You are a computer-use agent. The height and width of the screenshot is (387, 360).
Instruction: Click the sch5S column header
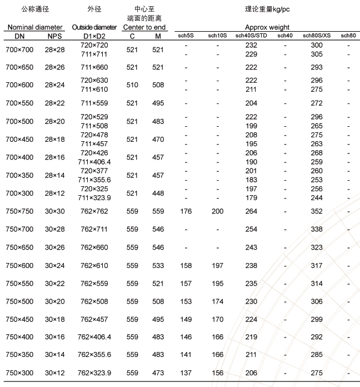[186, 36]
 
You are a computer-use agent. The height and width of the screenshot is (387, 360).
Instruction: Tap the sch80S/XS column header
[317, 36]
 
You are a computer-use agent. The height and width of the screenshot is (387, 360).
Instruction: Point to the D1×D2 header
[94, 36]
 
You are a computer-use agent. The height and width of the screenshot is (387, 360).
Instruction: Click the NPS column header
[54, 36]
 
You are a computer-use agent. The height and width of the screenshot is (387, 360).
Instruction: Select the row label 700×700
[19, 50]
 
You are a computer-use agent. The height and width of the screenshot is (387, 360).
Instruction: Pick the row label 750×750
[19, 211]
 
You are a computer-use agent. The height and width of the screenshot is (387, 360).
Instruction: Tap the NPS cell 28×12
[54, 193]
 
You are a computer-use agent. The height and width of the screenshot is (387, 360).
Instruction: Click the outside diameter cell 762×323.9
[94, 373]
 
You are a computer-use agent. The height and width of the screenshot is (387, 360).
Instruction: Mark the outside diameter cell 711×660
[94, 67]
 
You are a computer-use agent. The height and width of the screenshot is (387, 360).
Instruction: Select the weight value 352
[317, 211]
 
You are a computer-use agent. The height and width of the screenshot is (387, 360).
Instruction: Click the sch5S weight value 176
[186, 211]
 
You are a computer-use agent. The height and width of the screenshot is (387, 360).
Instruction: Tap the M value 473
[158, 373]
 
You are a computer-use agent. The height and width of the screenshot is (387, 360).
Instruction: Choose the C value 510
[132, 86]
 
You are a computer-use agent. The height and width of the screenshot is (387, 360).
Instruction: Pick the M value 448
[158, 193]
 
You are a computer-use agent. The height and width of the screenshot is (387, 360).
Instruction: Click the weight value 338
[317, 229]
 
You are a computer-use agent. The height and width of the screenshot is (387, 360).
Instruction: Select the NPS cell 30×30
[54, 211]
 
